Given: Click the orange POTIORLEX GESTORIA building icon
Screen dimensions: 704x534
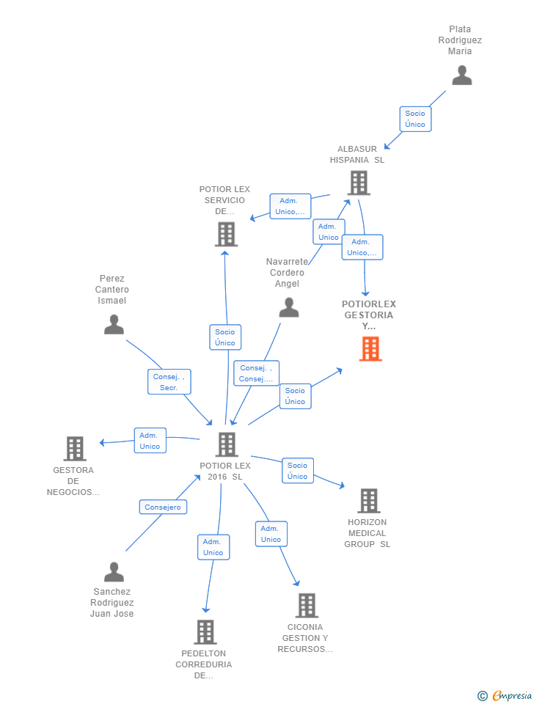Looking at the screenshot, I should click(370, 349).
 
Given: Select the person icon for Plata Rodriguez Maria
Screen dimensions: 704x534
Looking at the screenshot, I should click(461, 76).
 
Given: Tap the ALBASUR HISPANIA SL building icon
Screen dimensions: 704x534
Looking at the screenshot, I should click(359, 183).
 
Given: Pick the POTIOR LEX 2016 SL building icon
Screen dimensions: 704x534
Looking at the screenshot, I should click(227, 444).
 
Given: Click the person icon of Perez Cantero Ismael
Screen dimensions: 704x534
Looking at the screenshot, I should click(114, 324).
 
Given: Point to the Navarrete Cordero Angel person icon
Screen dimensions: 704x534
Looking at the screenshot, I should click(289, 307).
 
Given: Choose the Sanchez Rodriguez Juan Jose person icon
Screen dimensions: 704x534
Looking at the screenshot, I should click(114, 572).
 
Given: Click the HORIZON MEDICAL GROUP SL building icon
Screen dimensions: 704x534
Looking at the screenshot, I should click(368, 501).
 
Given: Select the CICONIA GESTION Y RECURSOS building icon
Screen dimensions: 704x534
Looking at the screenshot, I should click(307, 606).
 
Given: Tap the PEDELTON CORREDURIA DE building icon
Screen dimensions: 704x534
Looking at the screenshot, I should click(205, 631).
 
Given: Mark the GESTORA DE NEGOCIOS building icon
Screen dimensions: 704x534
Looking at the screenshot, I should click(74, 448).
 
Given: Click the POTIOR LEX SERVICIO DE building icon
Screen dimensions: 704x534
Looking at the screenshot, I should click(226, 234).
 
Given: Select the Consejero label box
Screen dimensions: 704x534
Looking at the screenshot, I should click(163, 507).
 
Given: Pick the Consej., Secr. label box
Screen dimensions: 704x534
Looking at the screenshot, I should click(169, 382).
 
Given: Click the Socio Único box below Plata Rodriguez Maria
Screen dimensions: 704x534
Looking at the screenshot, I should click(415, 119).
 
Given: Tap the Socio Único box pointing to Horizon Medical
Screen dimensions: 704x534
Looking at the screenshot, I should click(297, 471).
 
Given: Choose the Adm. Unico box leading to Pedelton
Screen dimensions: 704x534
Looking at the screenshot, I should click(213, 547).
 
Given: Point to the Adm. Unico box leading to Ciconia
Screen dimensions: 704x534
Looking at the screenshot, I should click(271, 534).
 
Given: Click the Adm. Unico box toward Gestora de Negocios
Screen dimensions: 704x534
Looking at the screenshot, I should click(150, 441).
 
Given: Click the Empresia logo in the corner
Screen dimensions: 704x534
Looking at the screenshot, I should click(505, 695).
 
